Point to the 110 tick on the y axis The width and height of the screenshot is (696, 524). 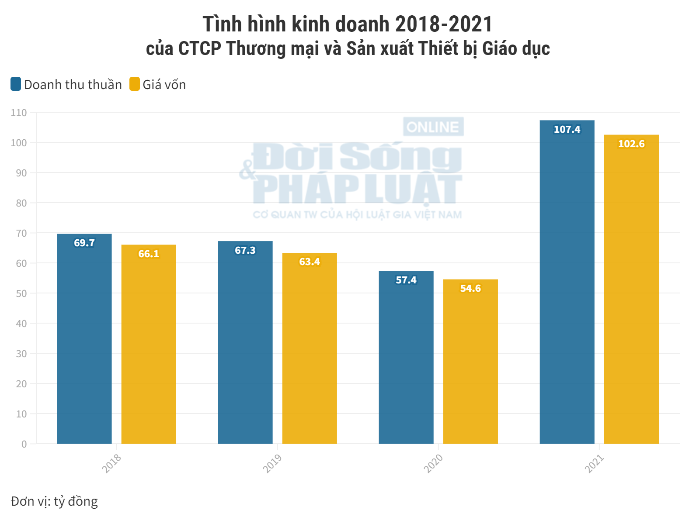(x=19, y=113)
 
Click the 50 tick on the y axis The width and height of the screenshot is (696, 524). (x=21, y=293)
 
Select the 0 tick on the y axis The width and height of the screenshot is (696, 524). (x=24, y=444)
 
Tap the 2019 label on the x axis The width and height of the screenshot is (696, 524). (x=272, y=463)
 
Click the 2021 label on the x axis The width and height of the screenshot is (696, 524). (x=594, y=463)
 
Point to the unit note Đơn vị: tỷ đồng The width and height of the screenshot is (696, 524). (x=54, y=501)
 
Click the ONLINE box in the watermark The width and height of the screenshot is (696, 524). (x=433, y=127)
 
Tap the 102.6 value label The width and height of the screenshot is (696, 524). (x=631, y=144)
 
